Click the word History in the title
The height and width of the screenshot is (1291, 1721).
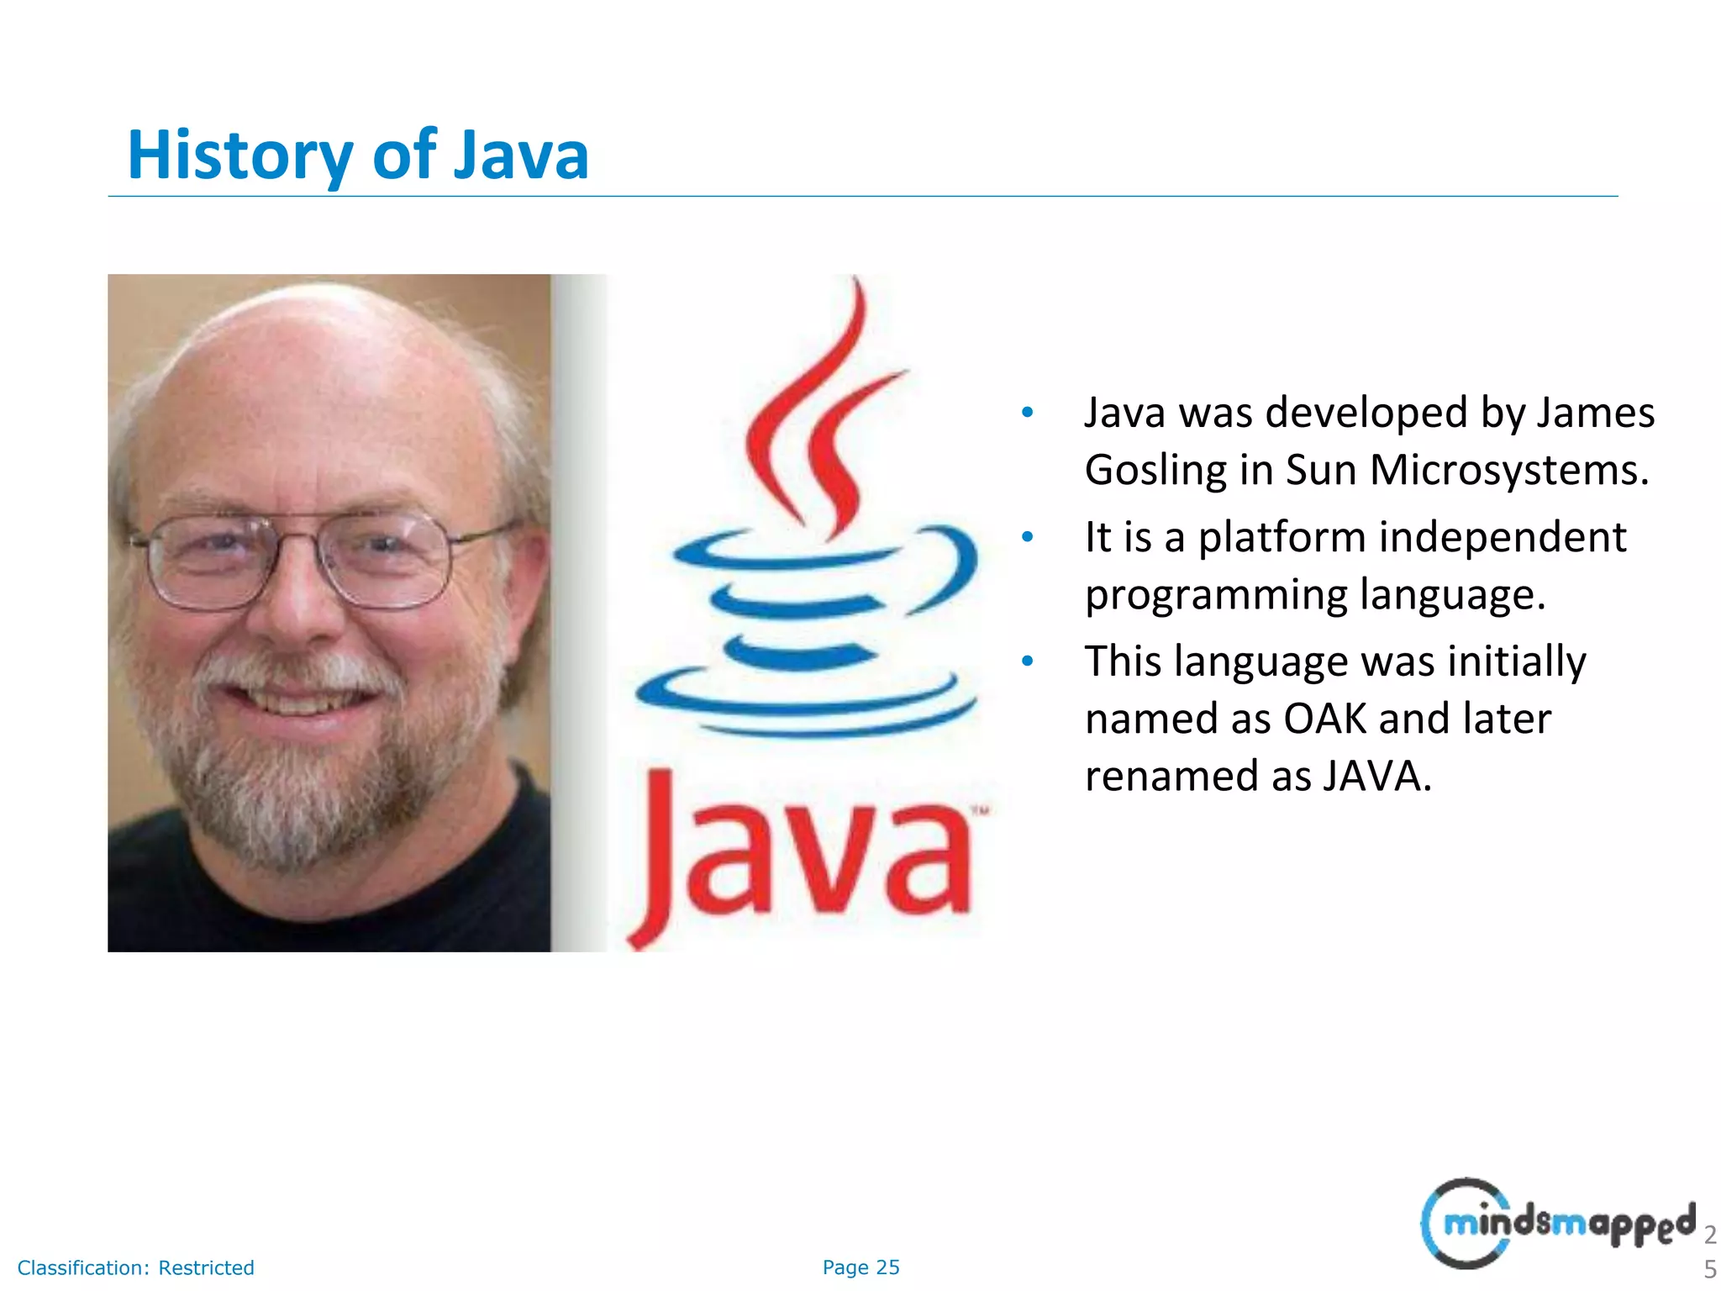(240, 156)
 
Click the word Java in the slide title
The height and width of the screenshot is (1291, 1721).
(521, 156)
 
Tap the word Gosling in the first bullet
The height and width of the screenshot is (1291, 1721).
(1155, 471)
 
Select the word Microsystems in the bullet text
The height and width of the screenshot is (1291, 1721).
(1509, 471)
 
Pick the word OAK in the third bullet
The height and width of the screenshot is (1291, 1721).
(1325, 719)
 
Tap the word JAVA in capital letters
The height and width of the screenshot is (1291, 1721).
(1376, 777)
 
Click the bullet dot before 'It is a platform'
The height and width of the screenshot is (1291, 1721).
(1027, 537)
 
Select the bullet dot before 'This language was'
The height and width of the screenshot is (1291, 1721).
(1027, 661)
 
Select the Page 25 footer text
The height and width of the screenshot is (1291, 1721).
(860, 1267)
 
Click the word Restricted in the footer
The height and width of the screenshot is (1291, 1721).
(206, 1267)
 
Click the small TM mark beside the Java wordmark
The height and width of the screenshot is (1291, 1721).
(980, 811)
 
